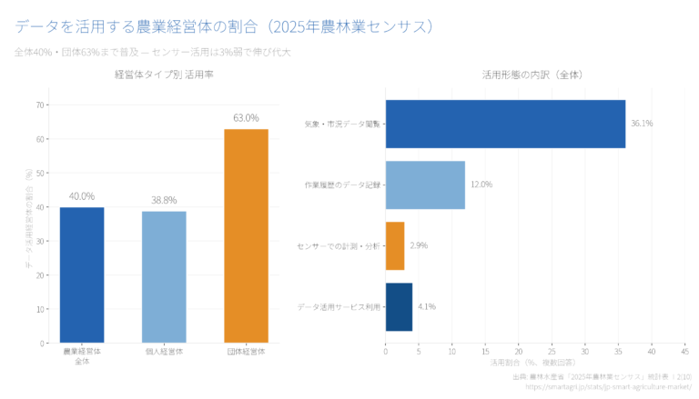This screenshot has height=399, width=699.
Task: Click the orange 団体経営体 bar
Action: pyautogui.click(x=246, y=236)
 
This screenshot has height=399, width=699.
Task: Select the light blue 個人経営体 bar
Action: pyautogui.click(x=164, y=277)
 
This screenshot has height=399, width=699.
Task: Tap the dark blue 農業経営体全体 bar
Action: pyautogui.click(x=82, y=275)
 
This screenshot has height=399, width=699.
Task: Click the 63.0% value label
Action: pyautogui.click(x=246, y=118)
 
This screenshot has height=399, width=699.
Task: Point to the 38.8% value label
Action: pyautogui.click(x=164, y=200)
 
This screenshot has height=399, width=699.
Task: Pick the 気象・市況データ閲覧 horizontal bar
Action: pyautogui.click(x=505, y=124)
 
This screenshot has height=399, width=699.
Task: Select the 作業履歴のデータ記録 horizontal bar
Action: pyautogui.click(x=425, y=185)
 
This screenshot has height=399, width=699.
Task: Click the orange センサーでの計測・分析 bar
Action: pyautogui.click(x=395, y=245)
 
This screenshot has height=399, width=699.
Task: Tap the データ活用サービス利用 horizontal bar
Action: pyautogui.click(x=399, y=306)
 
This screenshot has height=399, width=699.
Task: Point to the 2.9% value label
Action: pyautogui.click(x=419, y=245)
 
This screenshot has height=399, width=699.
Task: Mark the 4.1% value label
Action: pyautogui.click(x=427, y=306)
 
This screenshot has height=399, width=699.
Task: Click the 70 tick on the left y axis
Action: pyautogui.click(x=40, y=105)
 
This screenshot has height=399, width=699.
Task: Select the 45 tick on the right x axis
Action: pyautogui.click(x=684, y=350)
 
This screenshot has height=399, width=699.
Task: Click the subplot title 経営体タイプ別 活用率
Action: pyautogui.click(x=164, y=75)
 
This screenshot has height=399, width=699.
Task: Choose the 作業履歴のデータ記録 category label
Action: pyautogui.click(x=341, y=185)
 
